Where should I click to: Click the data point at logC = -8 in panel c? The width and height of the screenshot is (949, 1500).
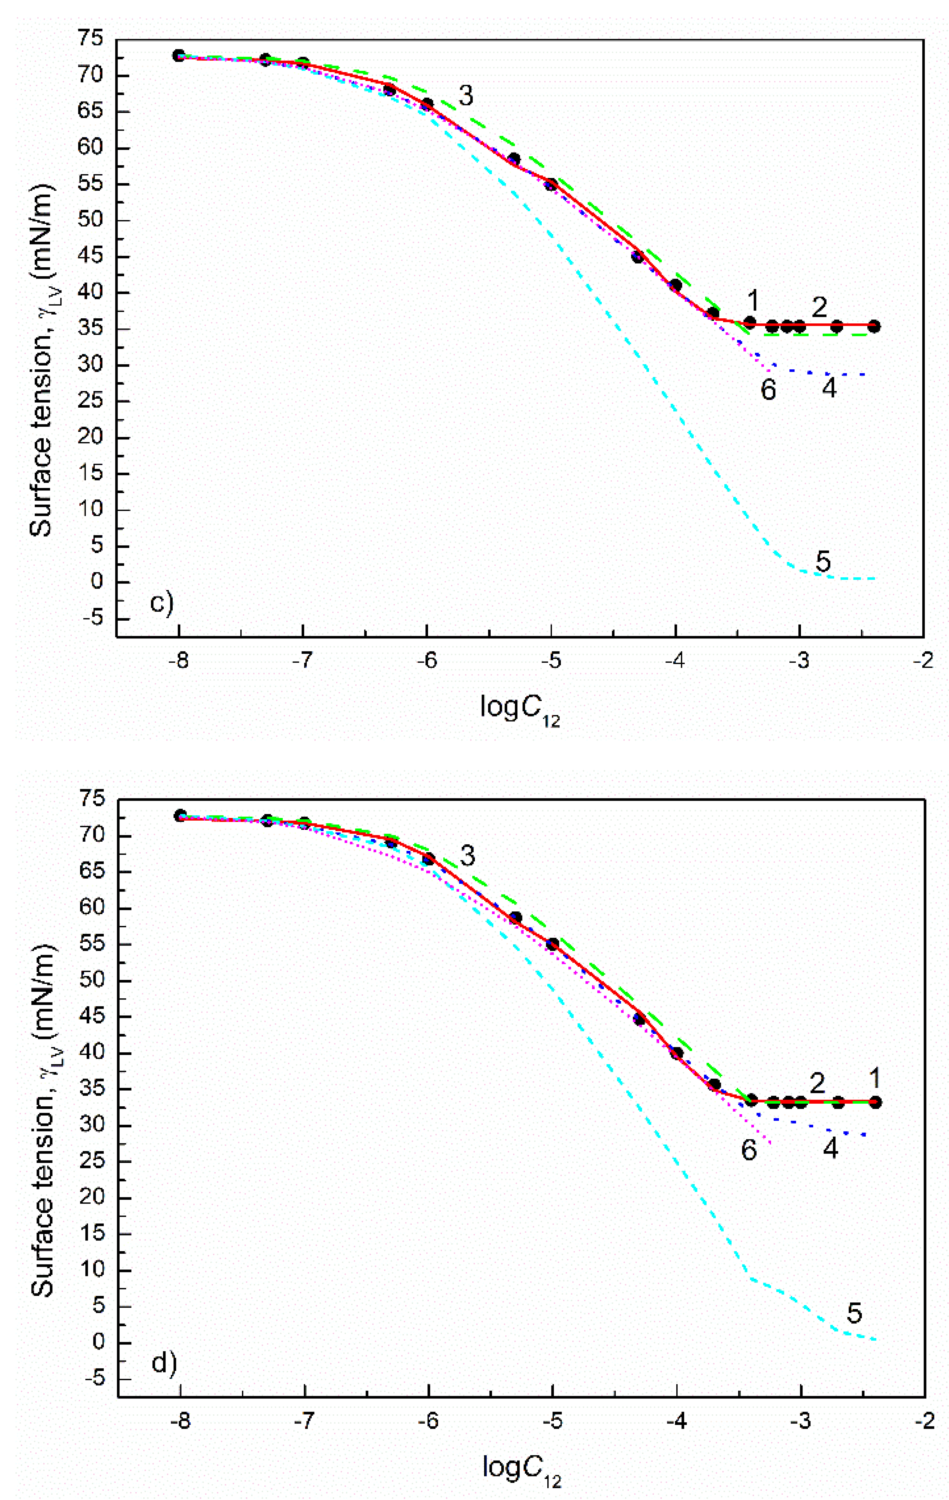pyautogui.click(x=179, y=55)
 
